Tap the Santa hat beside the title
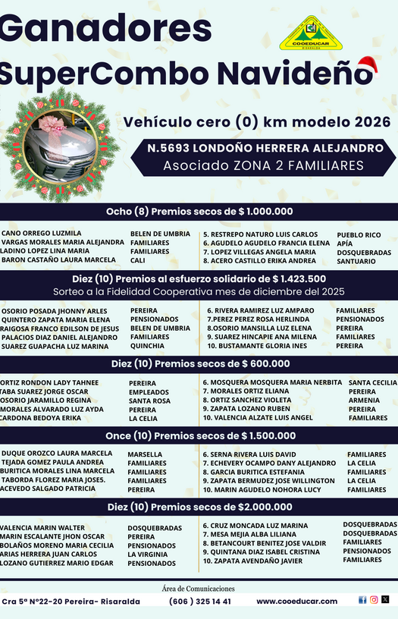[366, 69]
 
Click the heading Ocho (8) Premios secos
[199, 212]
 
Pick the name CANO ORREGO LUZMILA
[42, 234]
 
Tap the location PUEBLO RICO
[359, 235]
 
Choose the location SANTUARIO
[356, 261]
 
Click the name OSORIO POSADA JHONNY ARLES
[55, 311]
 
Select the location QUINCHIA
[148, 346]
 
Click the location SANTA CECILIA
[372, 383]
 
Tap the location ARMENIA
[364, 401]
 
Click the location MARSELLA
[145, 454]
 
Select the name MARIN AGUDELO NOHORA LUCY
[262, 489]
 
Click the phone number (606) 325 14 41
[200, 602]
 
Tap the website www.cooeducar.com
[296, 602]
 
